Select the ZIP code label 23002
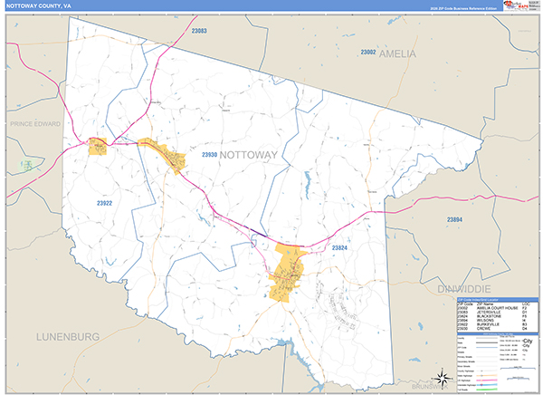point(367,53)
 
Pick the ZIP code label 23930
point(208,155)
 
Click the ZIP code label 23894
point(454,220)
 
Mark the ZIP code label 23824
point(340,247)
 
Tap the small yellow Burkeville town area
point(98,145)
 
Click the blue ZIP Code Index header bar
point(497,298)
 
